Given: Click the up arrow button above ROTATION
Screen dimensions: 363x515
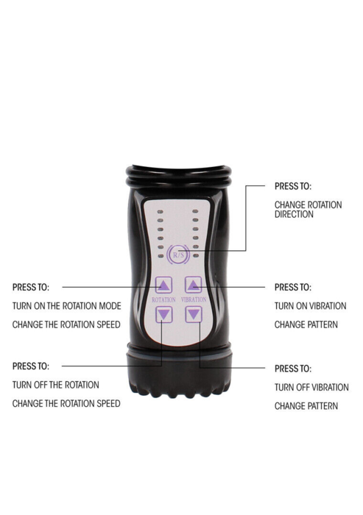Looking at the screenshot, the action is coord(163,285).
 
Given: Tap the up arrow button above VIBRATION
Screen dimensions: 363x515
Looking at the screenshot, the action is coord(194,285).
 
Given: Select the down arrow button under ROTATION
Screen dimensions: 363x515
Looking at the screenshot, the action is coord(163,315).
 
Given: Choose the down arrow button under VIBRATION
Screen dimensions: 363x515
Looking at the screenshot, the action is coord(194,315).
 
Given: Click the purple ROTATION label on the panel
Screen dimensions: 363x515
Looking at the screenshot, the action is coord(163,299).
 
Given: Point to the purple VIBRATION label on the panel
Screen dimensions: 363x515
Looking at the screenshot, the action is coord(194,299).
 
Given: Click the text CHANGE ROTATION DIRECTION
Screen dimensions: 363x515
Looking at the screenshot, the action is coord(308,210).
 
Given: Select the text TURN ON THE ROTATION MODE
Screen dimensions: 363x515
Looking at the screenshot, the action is coord(67,306).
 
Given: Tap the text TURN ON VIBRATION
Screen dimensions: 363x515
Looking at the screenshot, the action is coord(311,306).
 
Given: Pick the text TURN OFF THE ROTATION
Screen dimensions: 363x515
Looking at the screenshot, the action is coord(55,385).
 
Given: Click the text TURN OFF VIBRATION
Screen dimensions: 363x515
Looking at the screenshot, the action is coord(311,387).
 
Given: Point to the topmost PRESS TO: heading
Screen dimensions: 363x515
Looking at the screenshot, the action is coord(293,186).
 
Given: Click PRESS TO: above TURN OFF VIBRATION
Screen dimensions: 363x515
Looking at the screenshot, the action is coord(293,369).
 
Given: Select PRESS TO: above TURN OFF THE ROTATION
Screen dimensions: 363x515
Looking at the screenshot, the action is coord(31,366).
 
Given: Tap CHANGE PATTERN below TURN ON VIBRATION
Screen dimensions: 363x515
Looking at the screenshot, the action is coord(306,324).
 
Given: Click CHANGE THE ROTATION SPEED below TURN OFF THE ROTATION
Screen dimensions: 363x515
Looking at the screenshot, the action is coord(66,403).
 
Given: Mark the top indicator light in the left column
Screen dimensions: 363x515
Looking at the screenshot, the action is coord(161,212).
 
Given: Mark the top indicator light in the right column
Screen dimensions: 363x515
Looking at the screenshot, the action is coord(196,212).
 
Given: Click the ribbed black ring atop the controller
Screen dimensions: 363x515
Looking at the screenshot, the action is coord(178,177).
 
